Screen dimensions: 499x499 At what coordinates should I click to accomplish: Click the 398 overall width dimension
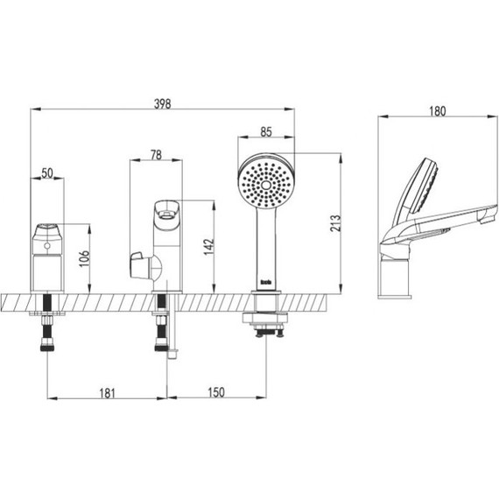162,104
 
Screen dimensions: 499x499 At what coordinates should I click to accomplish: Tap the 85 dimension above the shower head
266,131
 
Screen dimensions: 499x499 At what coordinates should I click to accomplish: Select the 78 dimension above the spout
156,155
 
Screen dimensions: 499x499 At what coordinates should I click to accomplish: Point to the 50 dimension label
47,173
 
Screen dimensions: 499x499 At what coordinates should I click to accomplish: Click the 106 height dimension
85,259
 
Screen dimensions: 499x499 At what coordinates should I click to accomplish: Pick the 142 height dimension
209,247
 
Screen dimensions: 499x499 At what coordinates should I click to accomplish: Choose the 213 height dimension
335,223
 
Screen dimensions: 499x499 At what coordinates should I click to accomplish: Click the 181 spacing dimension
107,393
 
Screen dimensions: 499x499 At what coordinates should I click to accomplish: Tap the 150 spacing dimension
216,392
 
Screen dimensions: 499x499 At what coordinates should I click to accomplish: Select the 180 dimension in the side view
438,111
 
